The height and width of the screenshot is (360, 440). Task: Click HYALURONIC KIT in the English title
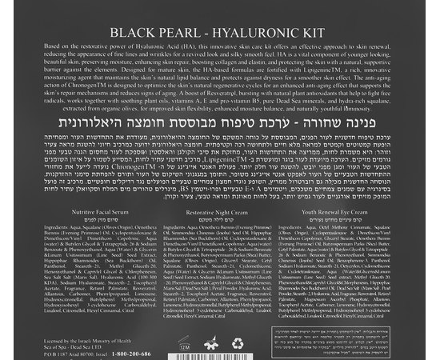click(267, 34)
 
